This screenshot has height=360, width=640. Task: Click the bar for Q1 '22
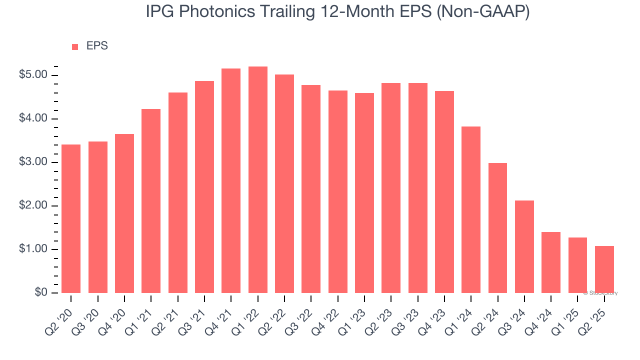click(x=258, y=180)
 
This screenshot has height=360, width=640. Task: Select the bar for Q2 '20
click(x=71, y=218)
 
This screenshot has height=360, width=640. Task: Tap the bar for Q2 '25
click(x=604, y=269)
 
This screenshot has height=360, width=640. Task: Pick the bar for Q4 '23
click(x=444, y=192)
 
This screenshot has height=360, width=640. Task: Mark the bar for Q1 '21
click(x=151, y=201)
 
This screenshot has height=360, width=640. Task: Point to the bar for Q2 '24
click(x=497, y=228)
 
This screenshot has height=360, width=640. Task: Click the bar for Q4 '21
click(x=231, y=180)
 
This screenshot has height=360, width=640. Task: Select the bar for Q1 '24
click(x=471, y=209)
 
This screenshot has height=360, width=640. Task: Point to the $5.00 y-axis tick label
click(x=33, y=75)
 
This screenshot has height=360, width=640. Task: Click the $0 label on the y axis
click(x=41, y=293)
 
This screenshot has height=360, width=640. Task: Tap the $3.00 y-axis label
click(x=33, y=162)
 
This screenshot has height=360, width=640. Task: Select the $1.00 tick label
click(x=33, y=249)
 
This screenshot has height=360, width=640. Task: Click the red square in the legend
click(x=75, y=46)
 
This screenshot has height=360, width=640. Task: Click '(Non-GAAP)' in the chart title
click(x=483, y=12)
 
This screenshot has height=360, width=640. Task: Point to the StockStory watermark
click(x=600, y=293)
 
